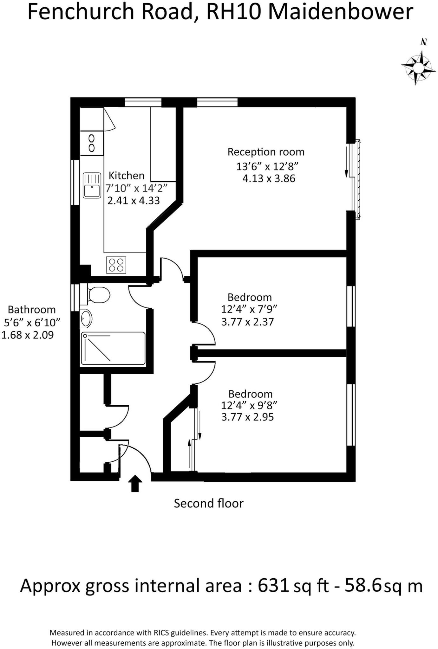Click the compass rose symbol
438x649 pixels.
[418, 67]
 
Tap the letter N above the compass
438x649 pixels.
[424, 42]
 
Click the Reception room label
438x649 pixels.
[266, 152]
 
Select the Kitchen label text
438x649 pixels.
[126, 175]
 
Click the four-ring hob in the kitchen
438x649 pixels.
[116, 265]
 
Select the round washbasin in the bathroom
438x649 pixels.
[86, 318]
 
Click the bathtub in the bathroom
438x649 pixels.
[113, 348]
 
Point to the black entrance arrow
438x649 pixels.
[135, 484]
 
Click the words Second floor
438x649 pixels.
[208, 503]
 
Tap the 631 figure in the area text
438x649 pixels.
[273, 586]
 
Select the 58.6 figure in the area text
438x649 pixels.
[363, 586]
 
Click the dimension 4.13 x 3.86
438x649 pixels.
[269, 178]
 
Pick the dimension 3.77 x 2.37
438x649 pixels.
[247, 322]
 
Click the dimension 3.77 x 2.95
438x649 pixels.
[247, 417]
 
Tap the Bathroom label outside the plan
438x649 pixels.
[31, 309]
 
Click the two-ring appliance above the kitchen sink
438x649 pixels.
[92, 143]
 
